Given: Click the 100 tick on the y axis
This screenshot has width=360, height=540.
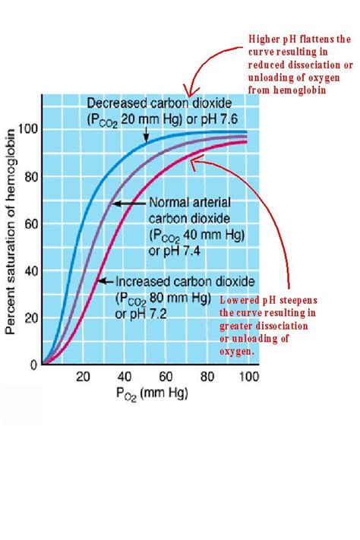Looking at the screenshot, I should (28, 129).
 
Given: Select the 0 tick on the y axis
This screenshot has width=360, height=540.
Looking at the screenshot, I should (33, 365).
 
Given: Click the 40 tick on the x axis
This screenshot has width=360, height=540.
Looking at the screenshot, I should (125, 377).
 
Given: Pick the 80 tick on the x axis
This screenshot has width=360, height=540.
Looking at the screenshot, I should (207, 377).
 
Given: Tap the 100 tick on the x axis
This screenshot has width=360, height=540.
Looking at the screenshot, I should (248, 377).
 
